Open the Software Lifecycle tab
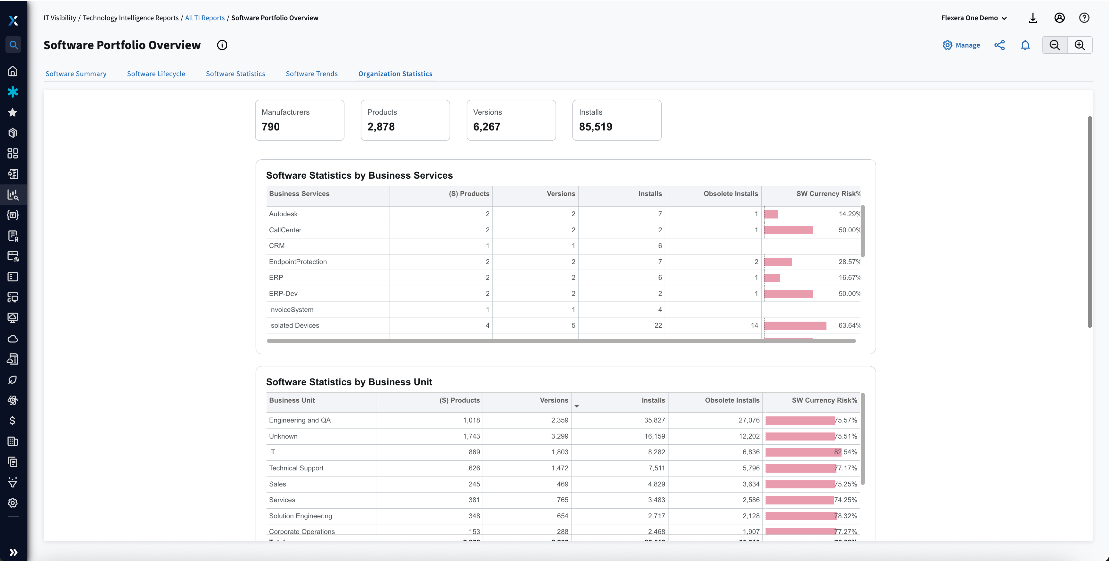click(156, 74)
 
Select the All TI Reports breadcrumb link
click(205, 18)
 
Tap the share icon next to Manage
click(999, 45)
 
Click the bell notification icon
click(1025, 45)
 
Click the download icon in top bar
click(1032, 18)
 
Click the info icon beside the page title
click(222, 45)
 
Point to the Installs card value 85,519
click(595, 127)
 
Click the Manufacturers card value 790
click(271, 127)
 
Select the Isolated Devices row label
click(294, 325)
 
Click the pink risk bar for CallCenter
click(788, 230)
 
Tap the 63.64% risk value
click(849, 325)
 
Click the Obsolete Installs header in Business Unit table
click(732, 400)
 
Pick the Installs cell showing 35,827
click(654, 420)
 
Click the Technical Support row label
click(296, 468)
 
